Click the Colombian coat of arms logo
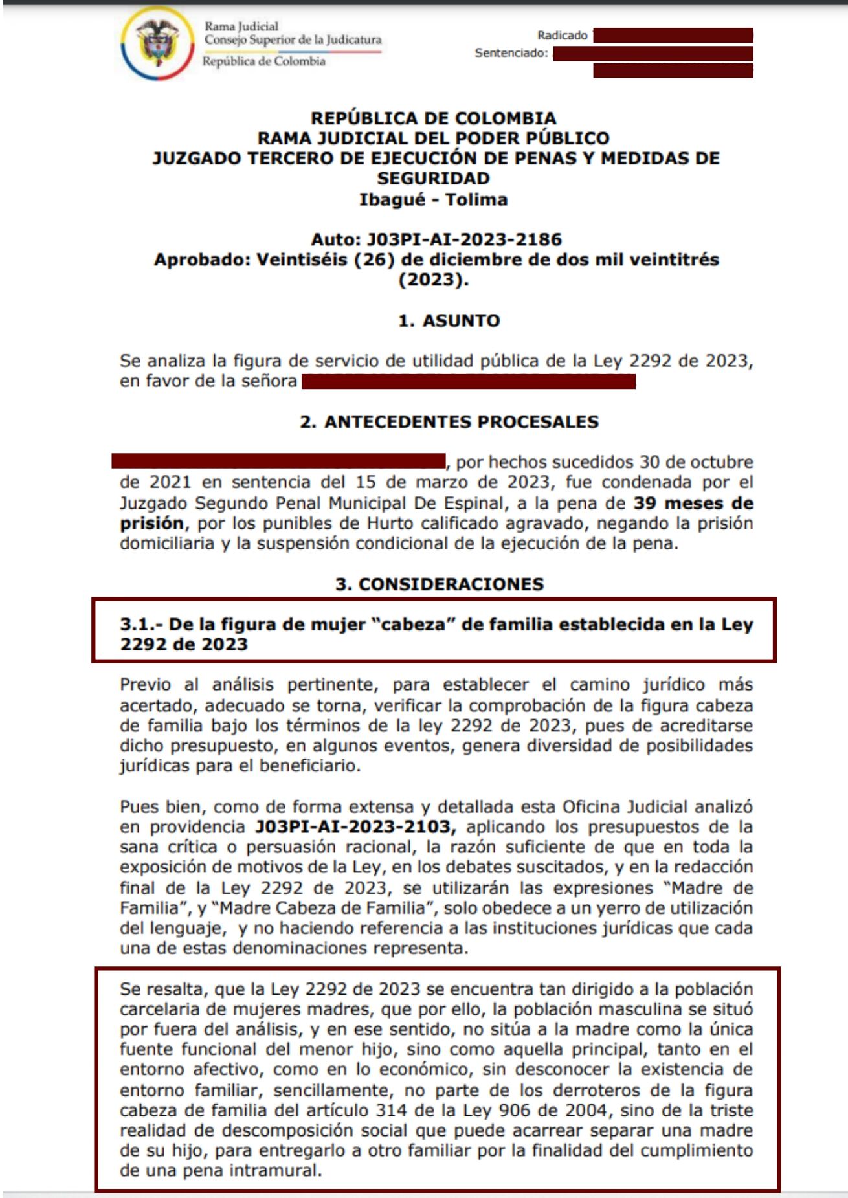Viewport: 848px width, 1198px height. (x=157, y=43)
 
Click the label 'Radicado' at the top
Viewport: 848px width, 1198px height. (x=562, y=36)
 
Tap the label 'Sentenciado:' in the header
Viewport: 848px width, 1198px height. (x=511, y=53)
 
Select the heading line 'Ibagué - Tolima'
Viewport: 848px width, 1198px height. (x=433, y=199)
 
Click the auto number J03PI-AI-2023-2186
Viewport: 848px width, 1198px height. (x=464, y=239)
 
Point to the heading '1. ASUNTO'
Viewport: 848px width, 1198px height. (x=449, y=320)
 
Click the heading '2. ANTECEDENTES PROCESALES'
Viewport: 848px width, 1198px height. (x=449, y=422)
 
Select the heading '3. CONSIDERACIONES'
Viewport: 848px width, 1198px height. (x=439, y=584)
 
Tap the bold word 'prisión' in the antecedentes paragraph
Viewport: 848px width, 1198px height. (x=151, y=523)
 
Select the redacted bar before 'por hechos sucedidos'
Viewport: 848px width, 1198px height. (x=278, y=461)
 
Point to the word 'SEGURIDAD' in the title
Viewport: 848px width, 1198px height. (x=433, y=179)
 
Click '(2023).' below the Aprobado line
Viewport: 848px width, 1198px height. (x=433, y=280)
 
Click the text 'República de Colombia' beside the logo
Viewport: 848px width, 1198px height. (x=264, y=61)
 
